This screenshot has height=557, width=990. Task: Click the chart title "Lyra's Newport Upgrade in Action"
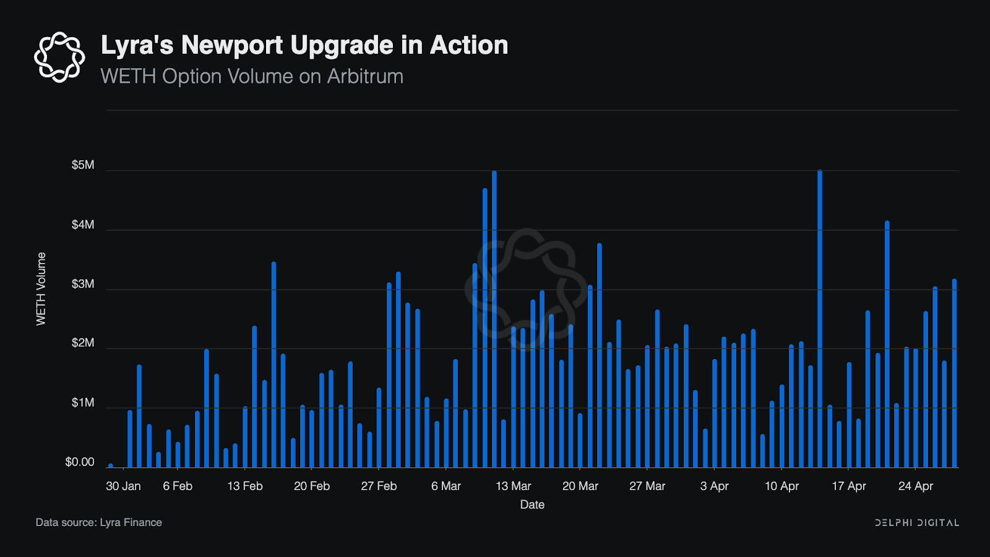click(304, 45)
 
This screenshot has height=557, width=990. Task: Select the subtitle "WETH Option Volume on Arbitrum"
click(252, 76)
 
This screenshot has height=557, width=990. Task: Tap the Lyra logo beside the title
click(59, 57)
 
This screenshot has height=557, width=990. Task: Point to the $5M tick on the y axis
click(83, 165)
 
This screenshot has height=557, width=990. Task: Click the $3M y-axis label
click(83, 284)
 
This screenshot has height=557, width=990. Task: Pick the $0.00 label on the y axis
click(80, 462)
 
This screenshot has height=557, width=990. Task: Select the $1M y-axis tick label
click(83, 403)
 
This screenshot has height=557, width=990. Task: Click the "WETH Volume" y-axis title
click(41, 288)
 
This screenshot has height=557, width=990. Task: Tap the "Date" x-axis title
click(532, 504)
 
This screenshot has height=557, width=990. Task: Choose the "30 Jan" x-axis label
click(123, 486)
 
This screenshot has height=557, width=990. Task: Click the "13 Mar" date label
click(514, 486)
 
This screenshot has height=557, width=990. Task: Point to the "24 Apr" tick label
click(916, 486)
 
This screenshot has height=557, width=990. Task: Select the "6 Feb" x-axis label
click(178, 486)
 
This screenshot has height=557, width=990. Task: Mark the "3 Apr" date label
click(714, 486)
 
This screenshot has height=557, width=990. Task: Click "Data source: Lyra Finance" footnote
click(99, 522)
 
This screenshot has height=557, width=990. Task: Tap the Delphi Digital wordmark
click(917, 523)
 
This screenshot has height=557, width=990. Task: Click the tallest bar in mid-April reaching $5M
click(820, 319)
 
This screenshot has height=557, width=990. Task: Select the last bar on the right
click(954, 373)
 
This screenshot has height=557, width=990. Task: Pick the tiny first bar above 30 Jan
click(111, 465)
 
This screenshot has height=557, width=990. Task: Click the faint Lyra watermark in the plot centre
click(526, 285)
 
